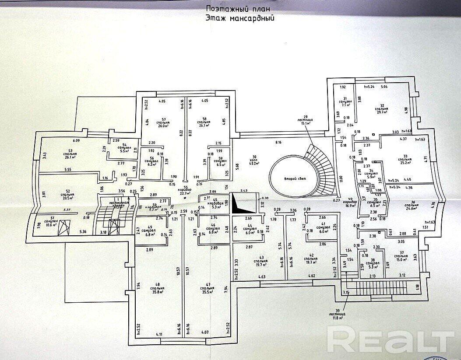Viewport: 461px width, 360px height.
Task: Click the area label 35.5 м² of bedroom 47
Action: [x=208, y=294]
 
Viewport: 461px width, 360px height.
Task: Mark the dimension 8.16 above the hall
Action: [x=278, y=143]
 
